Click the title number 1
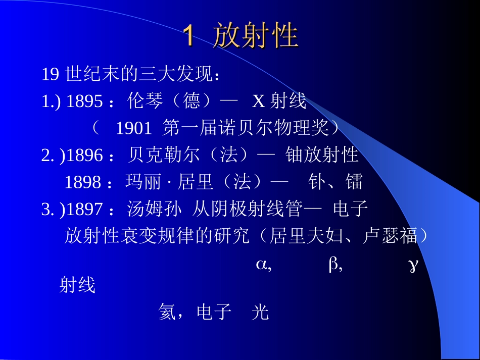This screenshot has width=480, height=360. (188, 36)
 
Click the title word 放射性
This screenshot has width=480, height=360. (255, 36)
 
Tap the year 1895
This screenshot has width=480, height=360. (84, 102)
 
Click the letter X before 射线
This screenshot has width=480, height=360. (259, 102)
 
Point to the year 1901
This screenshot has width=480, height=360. (133, 129)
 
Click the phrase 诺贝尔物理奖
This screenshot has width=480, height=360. (283, 129)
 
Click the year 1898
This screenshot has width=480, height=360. (83, 182)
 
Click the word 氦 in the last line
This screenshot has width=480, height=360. (167, 313)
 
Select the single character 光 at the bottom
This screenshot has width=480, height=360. (260, 313)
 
